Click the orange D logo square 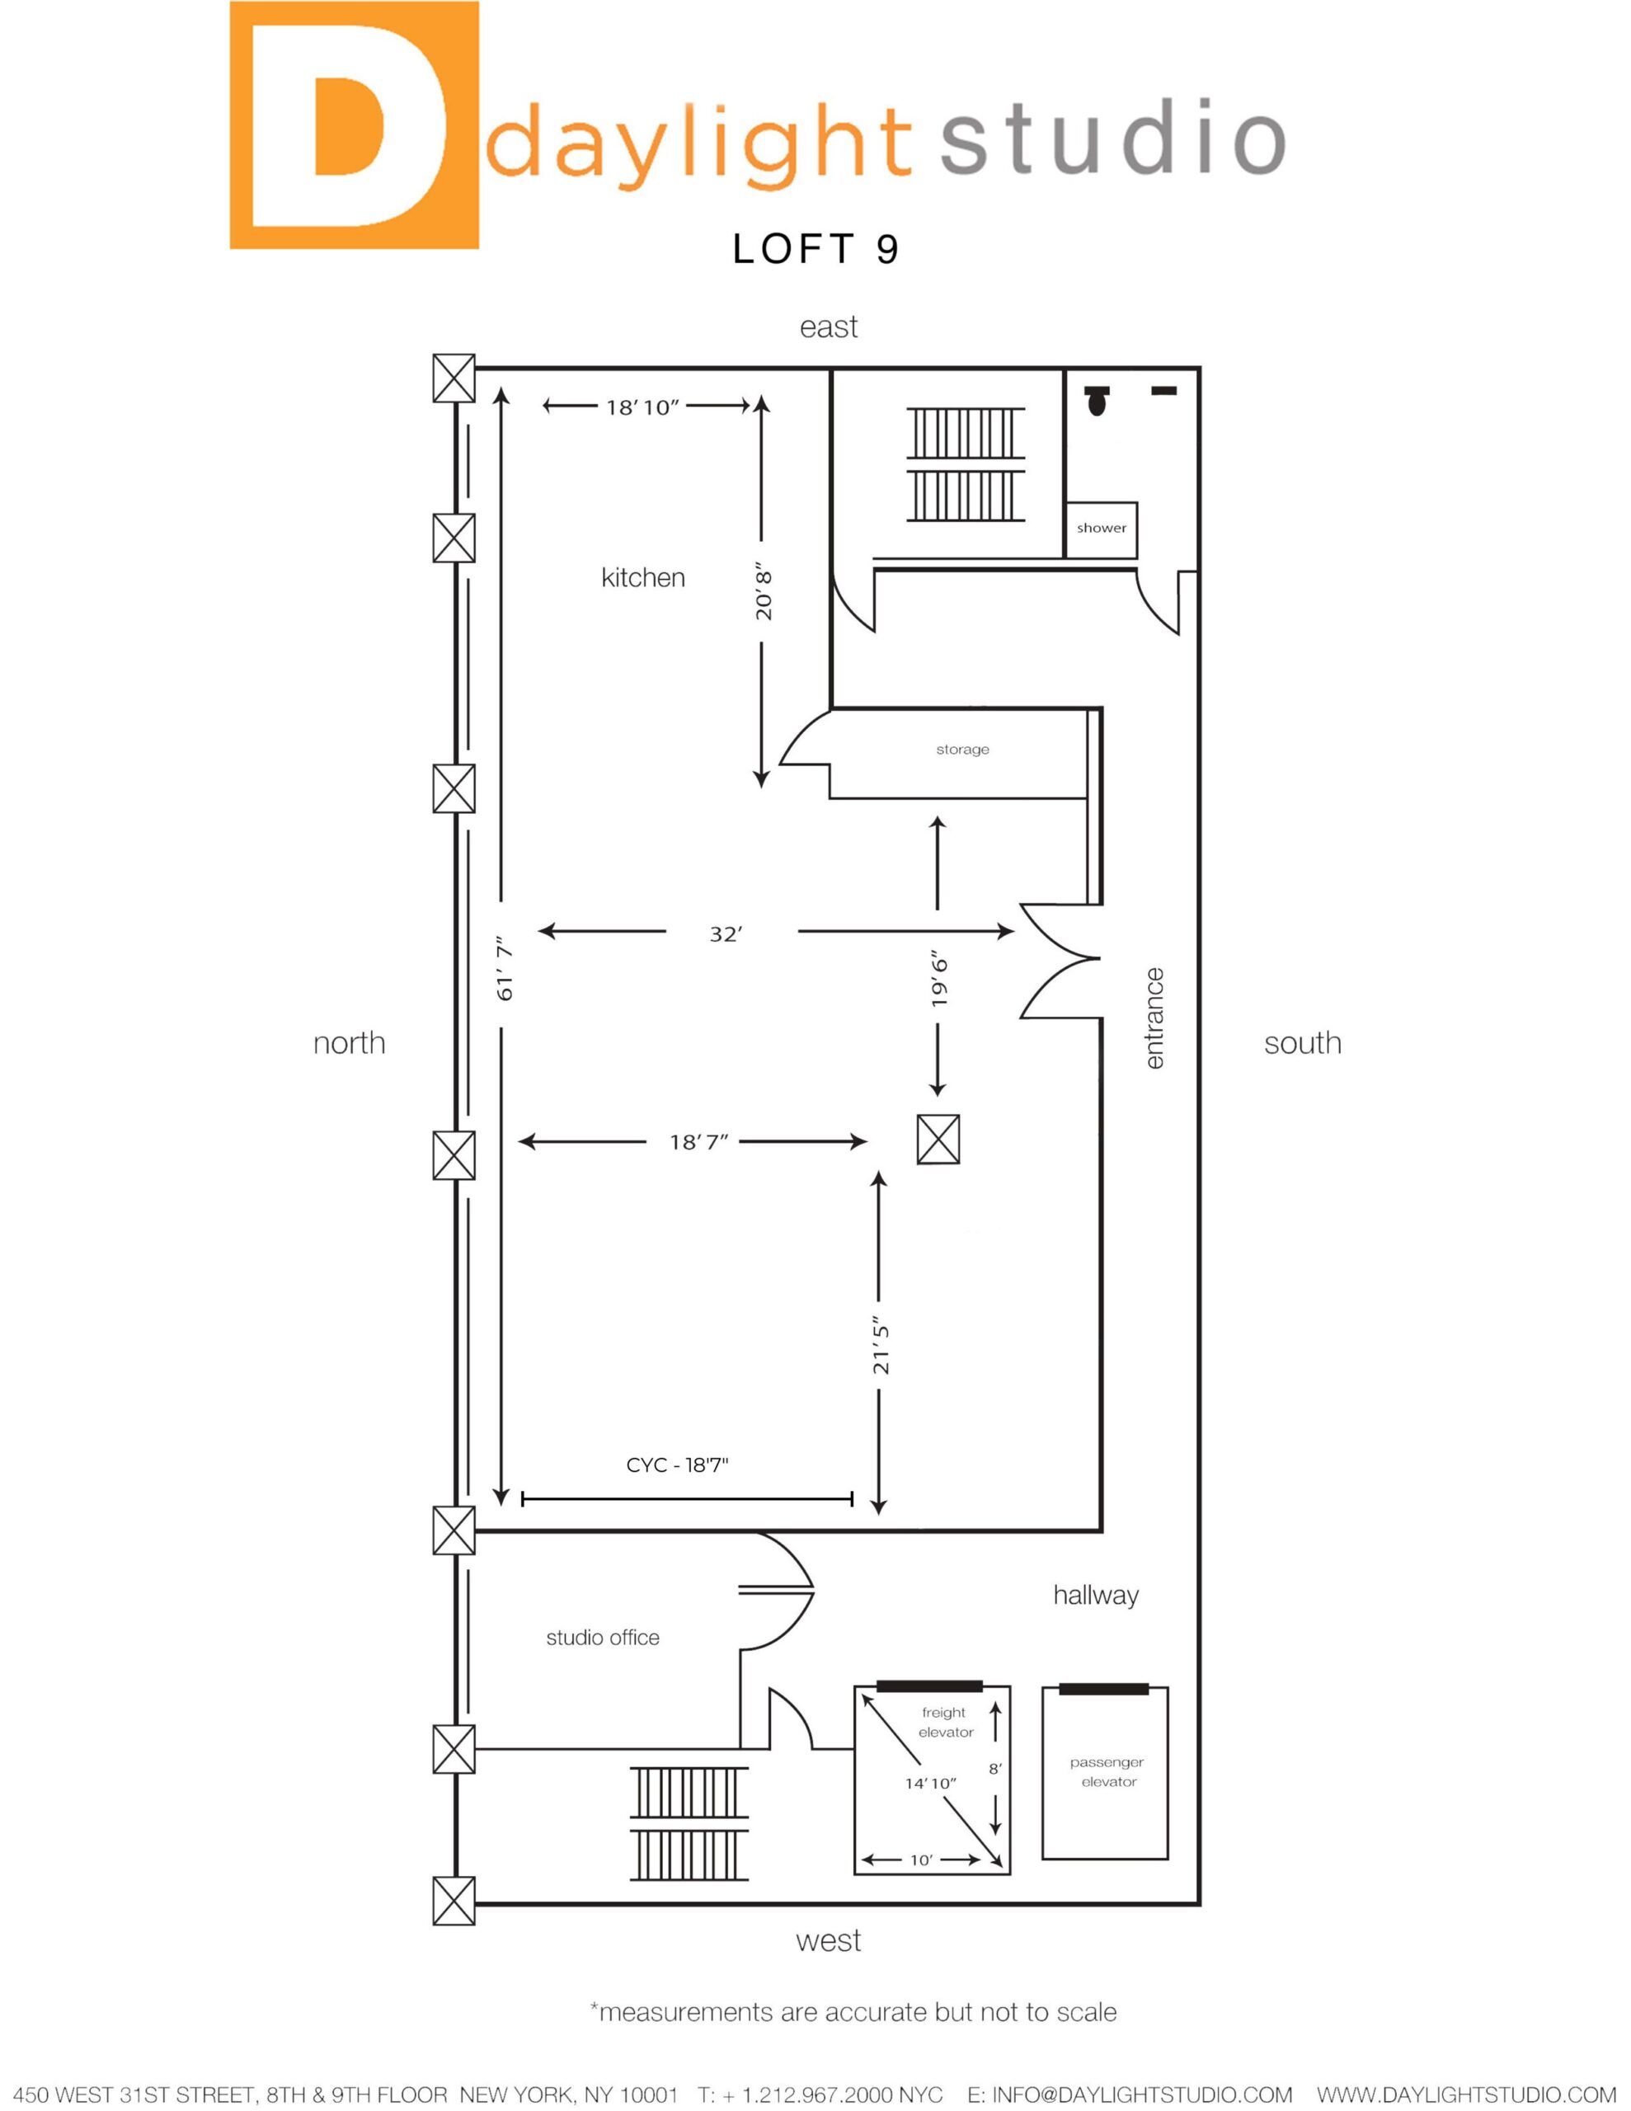(354, 125)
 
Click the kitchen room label (643, 577)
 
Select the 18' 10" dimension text (643, 407)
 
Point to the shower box (1101, 529)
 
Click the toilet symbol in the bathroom (1097, 399)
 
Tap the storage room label (962, 749)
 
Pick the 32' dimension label (725, 933)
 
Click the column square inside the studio (938, 1139)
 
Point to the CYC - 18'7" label (677, 1465)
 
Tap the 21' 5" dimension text (881, 1344)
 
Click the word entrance (1154, 1018)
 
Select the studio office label (602, 1638)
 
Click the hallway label (1095, 1596)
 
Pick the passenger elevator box (1105, 1773)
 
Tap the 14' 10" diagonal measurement (930, 1784)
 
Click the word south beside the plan (1302, 1043)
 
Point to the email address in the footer (1129, 2094)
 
